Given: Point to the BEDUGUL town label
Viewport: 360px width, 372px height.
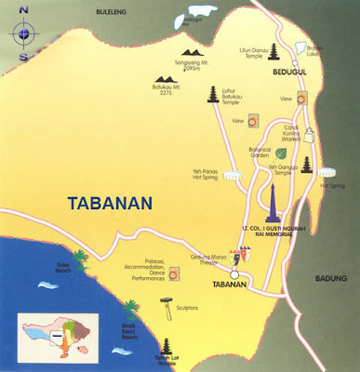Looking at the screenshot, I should (x=263, y=69).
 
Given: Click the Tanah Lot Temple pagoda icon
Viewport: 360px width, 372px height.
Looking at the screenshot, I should (x=168, y=346).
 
